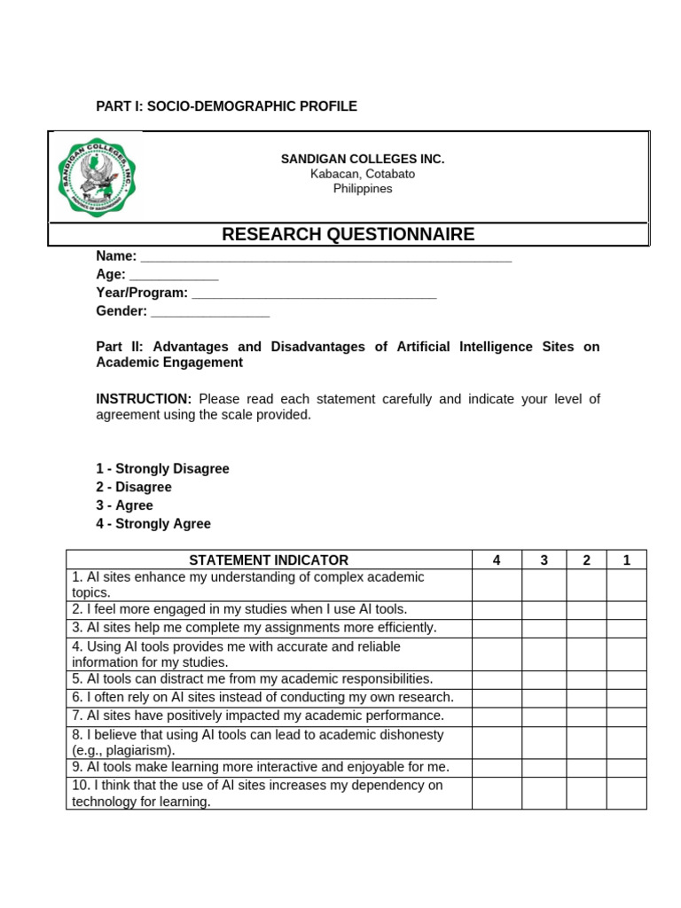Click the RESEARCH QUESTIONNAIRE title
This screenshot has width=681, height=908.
coord(348,234)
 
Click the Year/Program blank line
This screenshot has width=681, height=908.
coord(314,294)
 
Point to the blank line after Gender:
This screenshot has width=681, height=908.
coord(210,313)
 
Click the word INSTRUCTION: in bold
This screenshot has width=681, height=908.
coord(144,399)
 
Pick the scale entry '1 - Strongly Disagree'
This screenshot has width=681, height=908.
coord(162,469)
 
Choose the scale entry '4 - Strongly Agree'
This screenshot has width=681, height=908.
coord(153,524)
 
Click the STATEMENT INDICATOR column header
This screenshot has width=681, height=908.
coord(269,560)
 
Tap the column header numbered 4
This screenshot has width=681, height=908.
coord(497,560)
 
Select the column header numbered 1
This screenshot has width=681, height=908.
coord(626,560)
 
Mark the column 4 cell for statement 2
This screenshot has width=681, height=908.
coord(497,610)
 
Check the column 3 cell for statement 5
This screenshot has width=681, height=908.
coord(544,679)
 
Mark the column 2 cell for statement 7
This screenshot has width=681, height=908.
coord(586,716)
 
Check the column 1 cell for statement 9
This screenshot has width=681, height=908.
coord(626,767)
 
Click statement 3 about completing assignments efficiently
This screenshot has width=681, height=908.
coord(254,628)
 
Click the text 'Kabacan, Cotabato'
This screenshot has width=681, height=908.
coord(363,174)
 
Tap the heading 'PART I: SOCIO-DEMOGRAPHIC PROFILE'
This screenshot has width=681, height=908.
coord(226,106)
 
